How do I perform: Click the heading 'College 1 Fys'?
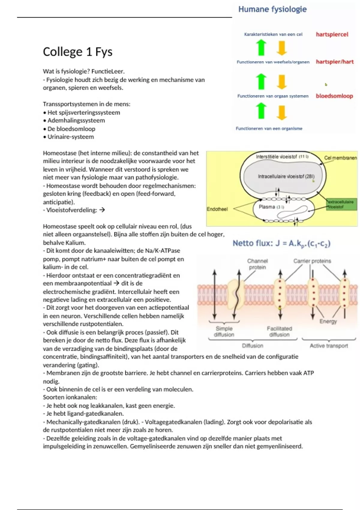(x=78, y=52)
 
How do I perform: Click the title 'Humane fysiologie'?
(x=272, y=9)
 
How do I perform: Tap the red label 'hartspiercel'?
(x=332, y=34)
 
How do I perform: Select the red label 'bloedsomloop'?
(x=334, y=96)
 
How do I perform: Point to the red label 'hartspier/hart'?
(x=334, y=62)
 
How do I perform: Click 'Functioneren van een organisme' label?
(x=269, y=128)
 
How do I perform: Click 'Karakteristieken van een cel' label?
(x=273, y=34)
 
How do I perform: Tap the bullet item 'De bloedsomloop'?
(x=71, y=129)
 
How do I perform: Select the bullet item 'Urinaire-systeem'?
(x=70, y=137)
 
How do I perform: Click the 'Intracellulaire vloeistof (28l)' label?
(x=286, y=176)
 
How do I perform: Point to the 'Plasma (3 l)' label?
(x=271, y=207)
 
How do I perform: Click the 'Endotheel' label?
(x=217, y=209)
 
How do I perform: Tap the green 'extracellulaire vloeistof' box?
(x=341, y=204)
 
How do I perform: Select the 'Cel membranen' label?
(x=340, y=158)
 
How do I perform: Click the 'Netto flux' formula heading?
(x=281, y=243)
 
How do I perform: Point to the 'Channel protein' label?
(x=257, y=264)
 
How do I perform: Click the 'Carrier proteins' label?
(x=312, y=261)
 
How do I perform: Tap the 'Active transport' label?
(x=329, y=346)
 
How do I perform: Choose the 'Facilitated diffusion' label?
(x=279, y=331)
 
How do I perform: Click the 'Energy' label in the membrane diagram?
(x=328, y=321)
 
